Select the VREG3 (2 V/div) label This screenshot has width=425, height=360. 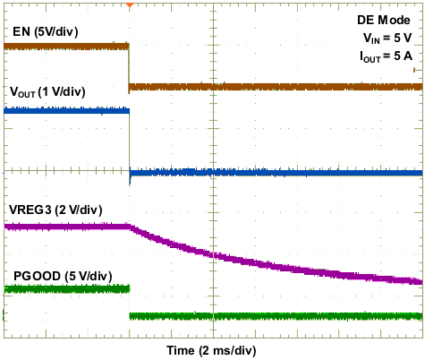coord(55,210)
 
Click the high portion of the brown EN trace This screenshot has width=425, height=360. coord(67,45)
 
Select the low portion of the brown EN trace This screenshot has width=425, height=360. coord(268,87)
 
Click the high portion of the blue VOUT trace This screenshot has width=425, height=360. coord(67,111)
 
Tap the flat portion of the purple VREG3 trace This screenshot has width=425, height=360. coord(67,227)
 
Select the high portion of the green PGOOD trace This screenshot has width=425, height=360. coord(67,288)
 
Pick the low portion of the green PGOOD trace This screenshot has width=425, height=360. coord(268,315)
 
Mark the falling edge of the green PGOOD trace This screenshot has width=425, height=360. coord(130,302)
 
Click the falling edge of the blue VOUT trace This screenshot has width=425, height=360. coord(130,143)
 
